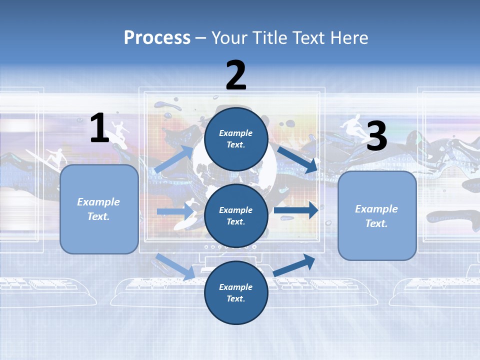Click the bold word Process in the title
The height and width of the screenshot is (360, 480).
coord(157,37)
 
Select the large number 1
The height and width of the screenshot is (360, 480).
coord(99,128)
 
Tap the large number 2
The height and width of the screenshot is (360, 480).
coord(236,75)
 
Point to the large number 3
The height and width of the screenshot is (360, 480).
coord(377,136)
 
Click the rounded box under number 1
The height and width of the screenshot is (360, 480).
coord(99,209)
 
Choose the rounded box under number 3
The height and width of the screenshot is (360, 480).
coord(377,216)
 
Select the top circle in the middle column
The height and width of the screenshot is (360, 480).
coord(236,139)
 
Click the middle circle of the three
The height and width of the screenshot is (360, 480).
coord(236,215)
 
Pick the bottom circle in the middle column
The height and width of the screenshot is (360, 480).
coord(236,292)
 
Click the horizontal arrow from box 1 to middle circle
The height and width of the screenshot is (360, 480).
coord(175,211)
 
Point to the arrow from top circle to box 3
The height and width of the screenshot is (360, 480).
coord(297,159)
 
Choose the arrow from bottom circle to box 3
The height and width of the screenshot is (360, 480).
coord(294,265)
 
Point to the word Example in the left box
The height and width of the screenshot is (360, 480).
coord(98,202)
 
